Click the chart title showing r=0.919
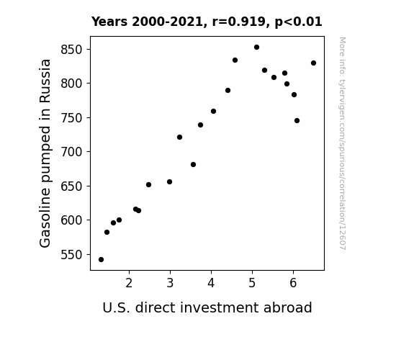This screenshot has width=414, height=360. (x=207, y=22)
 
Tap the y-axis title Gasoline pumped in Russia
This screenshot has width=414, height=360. (x=45, y=153)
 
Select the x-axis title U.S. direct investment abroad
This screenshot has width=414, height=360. (x=207, y=307)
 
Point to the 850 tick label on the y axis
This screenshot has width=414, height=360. (x=72, y=50)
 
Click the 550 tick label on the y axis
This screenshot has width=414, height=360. (x=72, y=255)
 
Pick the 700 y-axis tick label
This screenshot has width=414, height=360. (x=72, y=152)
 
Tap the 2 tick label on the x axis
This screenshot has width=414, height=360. (x=129, y=283)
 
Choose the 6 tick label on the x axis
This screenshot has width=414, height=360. (x=293, y=283)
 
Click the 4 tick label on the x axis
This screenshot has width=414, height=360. (x=211, y=283)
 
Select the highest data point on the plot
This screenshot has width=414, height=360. (x=256, y=48)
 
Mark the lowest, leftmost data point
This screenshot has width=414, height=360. (x=101, y=260)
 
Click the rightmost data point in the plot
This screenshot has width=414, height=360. (x=314, y=63)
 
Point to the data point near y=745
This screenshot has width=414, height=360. (x=297, y=121)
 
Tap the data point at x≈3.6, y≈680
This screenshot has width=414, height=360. (x=193, y=165)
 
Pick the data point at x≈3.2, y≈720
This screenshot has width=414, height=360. (x=179, y=138)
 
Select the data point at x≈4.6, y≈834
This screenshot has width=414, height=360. (x=235, y=60)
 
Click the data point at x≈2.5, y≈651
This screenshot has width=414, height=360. (x=148, y=184)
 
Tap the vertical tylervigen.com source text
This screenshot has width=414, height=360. (x=343, y=143)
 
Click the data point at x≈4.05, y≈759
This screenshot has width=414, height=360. (x=213, y=112)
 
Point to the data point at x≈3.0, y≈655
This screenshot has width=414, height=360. (x=169, y=182)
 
